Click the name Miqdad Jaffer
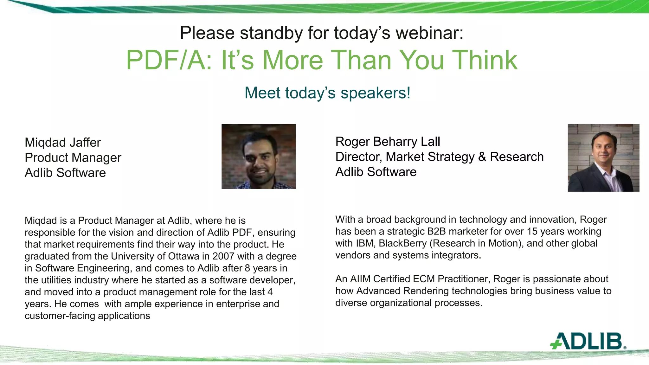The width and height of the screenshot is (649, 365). [63, 143]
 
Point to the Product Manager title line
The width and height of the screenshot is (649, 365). [73, 158]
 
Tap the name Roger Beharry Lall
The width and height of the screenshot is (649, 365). [388, 142]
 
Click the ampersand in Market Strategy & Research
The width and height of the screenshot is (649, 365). [482, 157]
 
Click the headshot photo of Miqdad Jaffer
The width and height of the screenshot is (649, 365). [258, 157]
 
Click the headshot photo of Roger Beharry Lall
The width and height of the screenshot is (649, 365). [603, 158]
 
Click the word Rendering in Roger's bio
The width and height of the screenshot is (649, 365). [426, 291]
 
